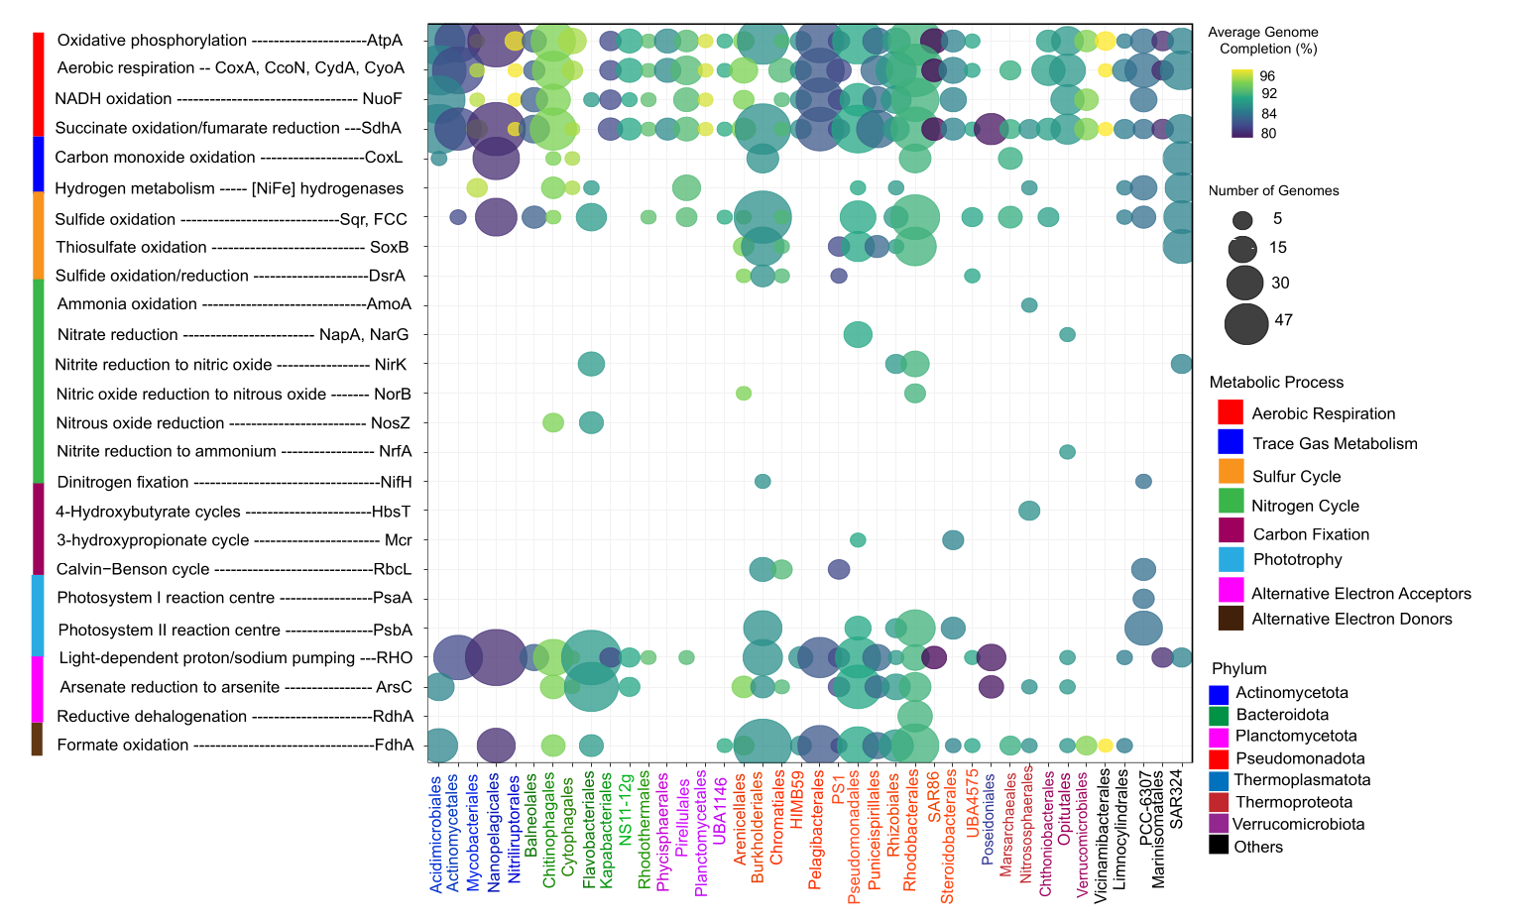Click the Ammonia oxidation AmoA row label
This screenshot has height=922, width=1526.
[x=234, y=304]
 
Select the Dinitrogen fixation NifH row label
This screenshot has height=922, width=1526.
[x=234, y=482]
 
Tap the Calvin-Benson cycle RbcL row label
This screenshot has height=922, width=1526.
[x=234, y=569]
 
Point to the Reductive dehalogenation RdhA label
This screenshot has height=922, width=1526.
[x=235, y=716]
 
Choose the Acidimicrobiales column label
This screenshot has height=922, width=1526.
[x=436, y=834]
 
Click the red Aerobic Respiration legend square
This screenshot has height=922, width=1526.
[x=1231, y=412]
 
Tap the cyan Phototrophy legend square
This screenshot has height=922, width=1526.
[x=1231, y=559]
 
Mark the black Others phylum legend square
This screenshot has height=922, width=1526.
[x=1219, y=846]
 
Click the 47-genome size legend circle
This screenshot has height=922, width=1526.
[x=1246, y=323]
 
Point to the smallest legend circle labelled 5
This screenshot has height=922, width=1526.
[x=1243, y=220]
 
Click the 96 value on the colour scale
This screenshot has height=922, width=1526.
[x=1267, y=76]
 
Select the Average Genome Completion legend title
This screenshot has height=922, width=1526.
[x=1262, y=40]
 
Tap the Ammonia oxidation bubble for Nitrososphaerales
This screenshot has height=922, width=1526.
[x=1029, y=305]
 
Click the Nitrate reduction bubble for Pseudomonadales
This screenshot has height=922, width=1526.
[x=858, y=335]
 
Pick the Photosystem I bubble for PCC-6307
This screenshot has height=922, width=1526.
[x=1143, y=599]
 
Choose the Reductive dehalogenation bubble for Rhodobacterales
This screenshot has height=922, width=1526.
[x=914, y=716]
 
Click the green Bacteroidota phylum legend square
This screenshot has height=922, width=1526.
[x=1219, y=714]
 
